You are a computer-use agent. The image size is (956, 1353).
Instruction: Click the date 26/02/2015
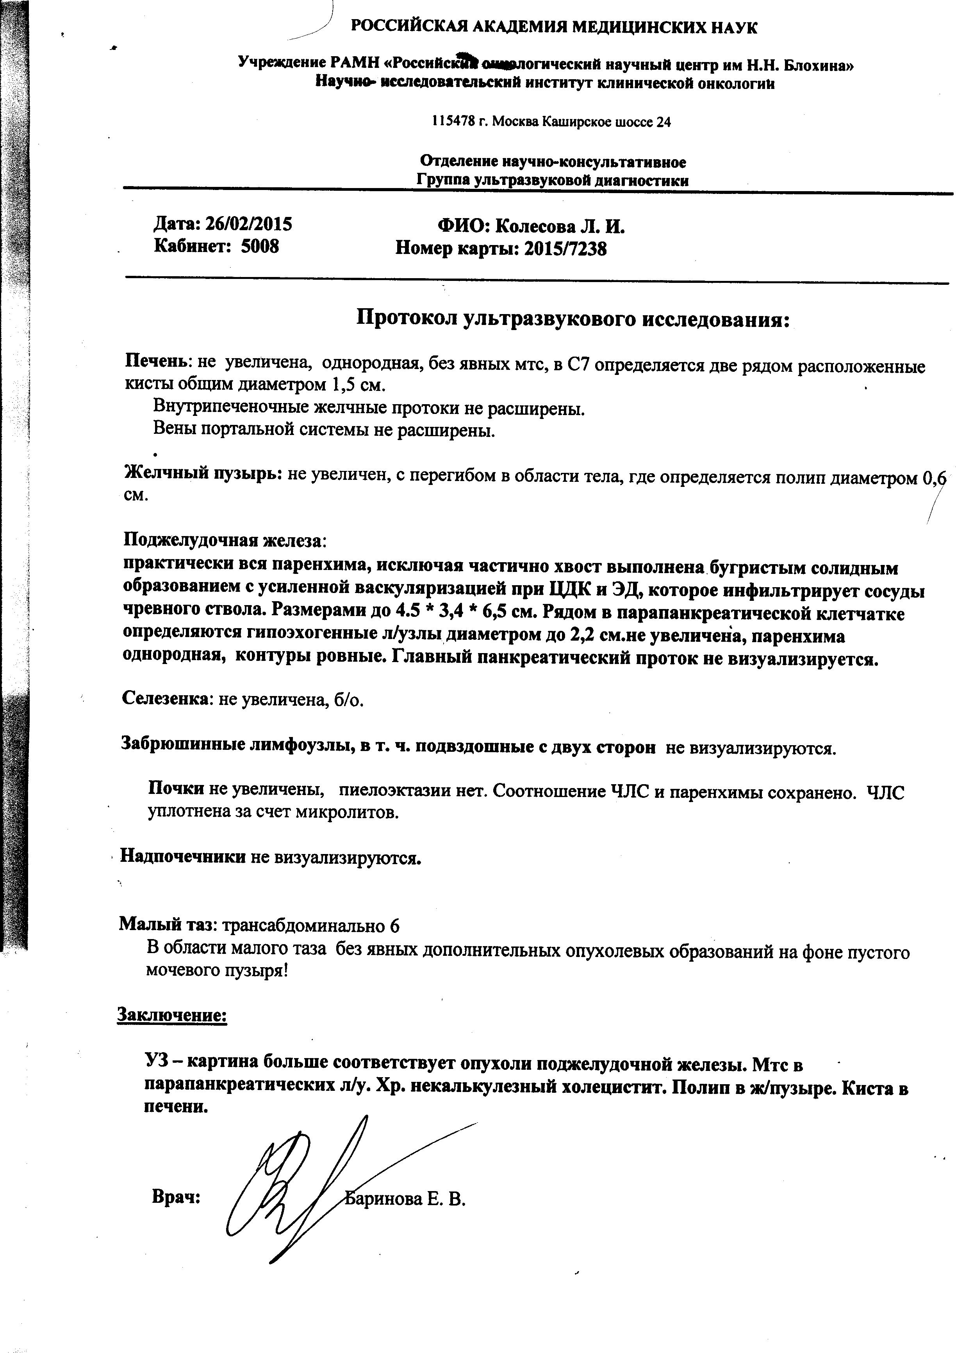[x=248, y=224]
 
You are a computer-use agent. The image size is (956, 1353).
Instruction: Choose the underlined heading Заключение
[x=172, y=1015]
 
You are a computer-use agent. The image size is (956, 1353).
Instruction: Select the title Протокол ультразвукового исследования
[x=573, y=319]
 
